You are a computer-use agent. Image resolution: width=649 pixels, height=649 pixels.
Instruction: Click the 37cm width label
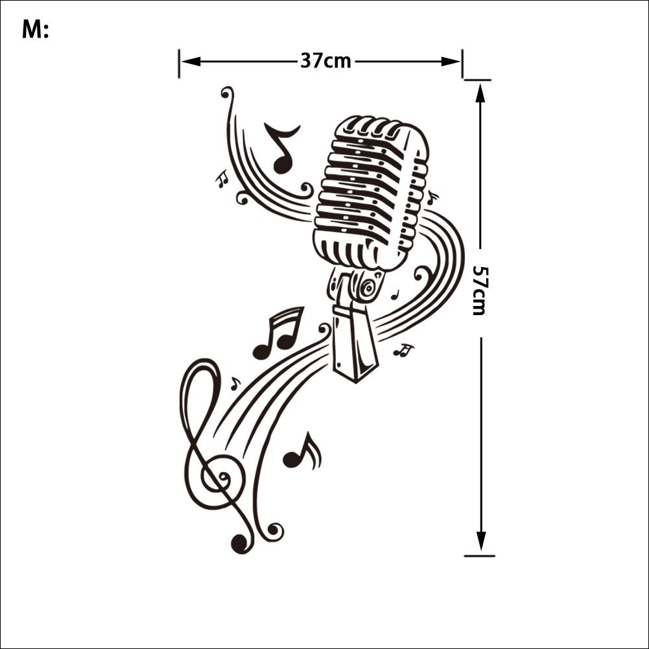click(325, 60)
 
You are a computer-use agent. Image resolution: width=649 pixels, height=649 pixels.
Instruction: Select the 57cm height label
click(481, 290)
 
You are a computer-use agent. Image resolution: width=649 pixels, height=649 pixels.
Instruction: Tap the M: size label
click(35, 30)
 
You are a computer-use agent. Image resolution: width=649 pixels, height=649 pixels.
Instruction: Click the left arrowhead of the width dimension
click(191, 62)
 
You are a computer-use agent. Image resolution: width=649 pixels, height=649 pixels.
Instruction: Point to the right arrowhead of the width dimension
click(451, 62)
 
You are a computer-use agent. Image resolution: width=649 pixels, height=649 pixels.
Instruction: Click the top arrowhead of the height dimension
click(480, 93)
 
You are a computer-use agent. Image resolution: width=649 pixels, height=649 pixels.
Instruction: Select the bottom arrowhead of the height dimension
click(480, 541)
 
